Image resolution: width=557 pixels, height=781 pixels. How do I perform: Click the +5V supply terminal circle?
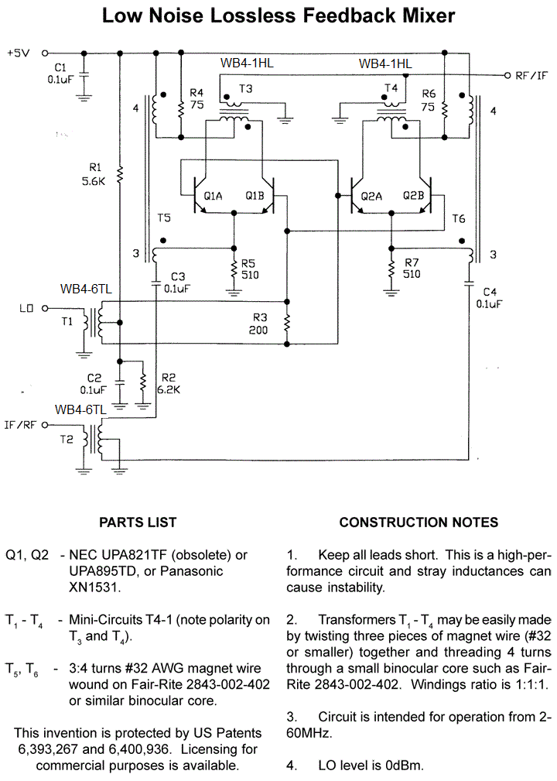click(44, 53)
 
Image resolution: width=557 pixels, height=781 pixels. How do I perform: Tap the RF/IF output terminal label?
click(531, 76)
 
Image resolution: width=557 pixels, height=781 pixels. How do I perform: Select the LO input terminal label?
click(26, 308)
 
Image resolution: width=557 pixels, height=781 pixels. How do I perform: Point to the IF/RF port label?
click(20, 425)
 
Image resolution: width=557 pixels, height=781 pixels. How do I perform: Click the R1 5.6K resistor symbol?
click(119, 176)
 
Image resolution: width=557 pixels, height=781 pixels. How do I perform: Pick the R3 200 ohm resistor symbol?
click(287, 323)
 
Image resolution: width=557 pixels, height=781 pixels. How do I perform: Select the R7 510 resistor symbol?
click(391, 269)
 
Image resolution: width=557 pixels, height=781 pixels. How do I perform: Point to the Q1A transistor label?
click(213, 197)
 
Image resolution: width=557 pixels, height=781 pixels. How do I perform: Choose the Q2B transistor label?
click(413, 196)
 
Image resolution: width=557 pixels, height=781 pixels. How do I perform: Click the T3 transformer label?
click(245, 89)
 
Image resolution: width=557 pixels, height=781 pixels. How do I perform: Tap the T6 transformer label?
click(459, 218)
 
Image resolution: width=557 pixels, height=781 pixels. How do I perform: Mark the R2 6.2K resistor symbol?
click(143, 383)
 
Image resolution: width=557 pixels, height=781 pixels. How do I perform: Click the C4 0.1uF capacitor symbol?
click(468, 283)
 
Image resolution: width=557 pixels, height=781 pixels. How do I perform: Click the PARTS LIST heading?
click(138, 522)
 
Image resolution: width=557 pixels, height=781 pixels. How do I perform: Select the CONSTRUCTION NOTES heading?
click(419, 522)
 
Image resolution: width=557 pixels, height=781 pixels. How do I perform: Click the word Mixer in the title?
click(429, 15)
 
